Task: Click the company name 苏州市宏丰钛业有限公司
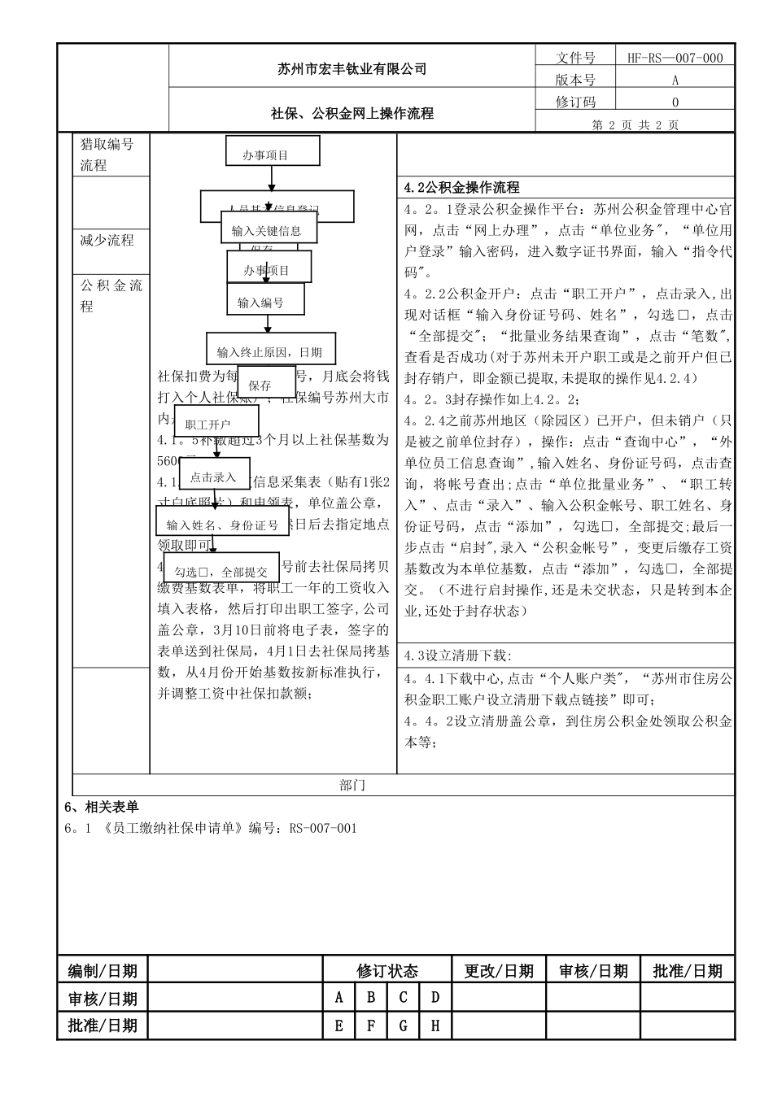[352, 69]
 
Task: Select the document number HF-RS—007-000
[675, 58]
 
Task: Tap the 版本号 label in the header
[574, 80]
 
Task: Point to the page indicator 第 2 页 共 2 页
[635, 124]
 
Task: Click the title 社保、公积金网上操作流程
[352, 114]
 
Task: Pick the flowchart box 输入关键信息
[267, 231]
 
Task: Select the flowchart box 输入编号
[261, 303]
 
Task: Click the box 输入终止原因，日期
[269, 352]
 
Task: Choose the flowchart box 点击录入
[213, 477]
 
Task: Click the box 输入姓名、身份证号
[222, 525]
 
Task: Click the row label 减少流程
[107, 240]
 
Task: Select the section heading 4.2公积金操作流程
[462, 188]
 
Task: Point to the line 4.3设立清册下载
[458, 655]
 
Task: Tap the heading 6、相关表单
[101, 807]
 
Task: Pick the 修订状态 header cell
[386, 970]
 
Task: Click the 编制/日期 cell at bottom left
[103, 970]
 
